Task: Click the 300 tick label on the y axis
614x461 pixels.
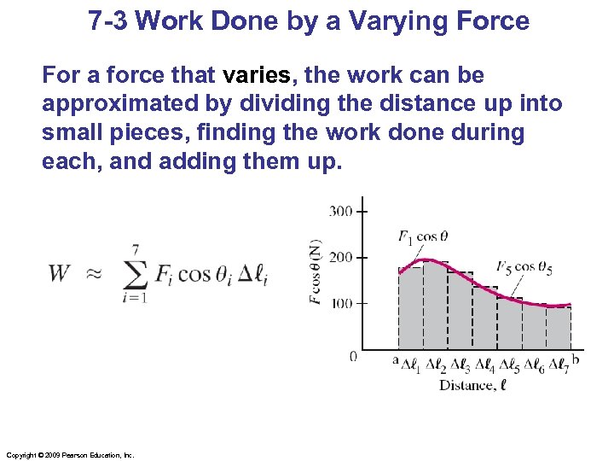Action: click(x=341, y=210)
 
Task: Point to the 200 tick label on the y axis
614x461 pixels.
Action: click(x=341, y=257)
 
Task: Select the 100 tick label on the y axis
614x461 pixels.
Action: click(x=341, y=304)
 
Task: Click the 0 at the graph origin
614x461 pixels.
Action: click(x=353, y=356)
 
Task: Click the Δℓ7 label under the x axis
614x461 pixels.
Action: click(x=559, y=365)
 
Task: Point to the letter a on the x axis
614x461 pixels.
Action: click(x=395, y=361)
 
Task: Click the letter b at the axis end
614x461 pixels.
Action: click(x=576, y=360)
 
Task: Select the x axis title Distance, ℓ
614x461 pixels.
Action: click(x=472, y=385)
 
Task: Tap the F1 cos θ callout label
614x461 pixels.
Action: click(x=424, y=236)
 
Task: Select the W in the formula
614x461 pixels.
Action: click(x=60, y=273)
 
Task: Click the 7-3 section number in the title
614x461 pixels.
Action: click(x=108, y=20)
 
